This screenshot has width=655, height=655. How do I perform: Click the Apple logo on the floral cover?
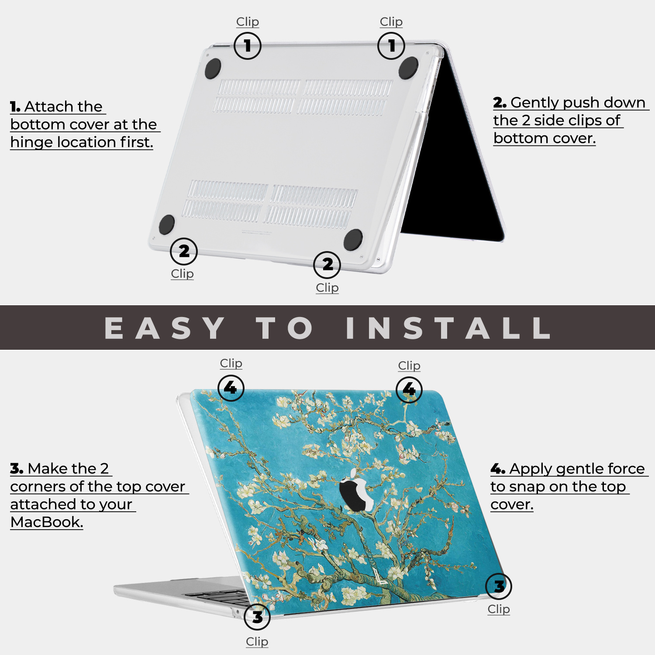pyautogui.click(x=356, y=490)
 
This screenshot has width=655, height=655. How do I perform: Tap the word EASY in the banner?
pyautogui.click(x=165, y=328)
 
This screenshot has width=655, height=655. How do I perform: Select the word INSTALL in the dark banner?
pyautogui.click(x=448, y=328)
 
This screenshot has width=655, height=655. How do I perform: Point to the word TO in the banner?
pyautogui.click(x=285, y=328)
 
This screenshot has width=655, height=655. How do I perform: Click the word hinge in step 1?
pyautogui.click(x=32, y=142)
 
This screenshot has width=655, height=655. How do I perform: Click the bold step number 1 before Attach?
pyautogui.click(x=15, y=107)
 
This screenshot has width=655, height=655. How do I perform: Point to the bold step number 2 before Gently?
pyautogui.click(x=500, y=103)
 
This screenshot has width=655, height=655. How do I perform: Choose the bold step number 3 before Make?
pyautogui.click(x=17, y=469)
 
